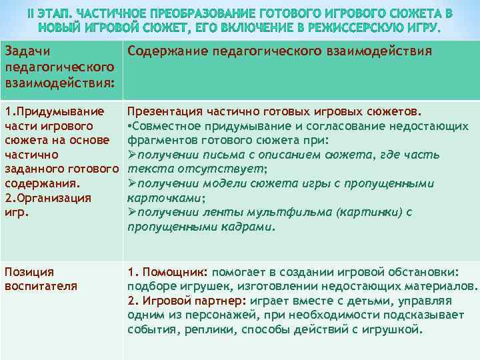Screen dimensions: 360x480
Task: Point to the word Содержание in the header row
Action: pos(163,51)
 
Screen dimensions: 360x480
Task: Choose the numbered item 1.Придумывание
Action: pos(54,111)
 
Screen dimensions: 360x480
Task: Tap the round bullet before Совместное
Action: pos(129,125)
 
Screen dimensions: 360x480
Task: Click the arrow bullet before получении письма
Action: pos(131,155)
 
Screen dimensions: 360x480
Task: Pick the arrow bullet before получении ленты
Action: pos(131,213)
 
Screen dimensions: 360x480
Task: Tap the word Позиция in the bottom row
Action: pos(29,271)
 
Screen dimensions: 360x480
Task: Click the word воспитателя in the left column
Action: pos(41,286)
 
